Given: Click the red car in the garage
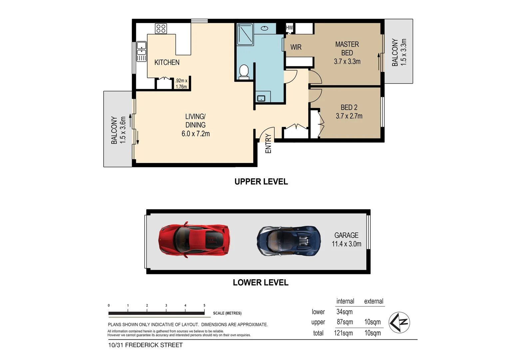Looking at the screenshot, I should [x=194, y=239].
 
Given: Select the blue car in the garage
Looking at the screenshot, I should [x=289, y=241].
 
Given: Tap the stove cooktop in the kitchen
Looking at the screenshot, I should [x=161, y=29].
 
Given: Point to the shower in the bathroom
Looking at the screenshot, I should [x=245, y=34].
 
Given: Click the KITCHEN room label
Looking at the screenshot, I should [x=167, y=62].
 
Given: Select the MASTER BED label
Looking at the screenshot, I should [x=347, y=49].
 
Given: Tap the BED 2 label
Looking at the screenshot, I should [x=349, y=107].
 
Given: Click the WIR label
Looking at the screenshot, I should [x=296, y=47].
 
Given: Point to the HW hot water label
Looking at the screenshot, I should [x=289, y=28].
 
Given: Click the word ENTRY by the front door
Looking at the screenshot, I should [x=268, y=144].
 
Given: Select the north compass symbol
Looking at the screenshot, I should [x=399, y=322].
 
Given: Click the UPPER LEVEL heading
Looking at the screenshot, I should [x=261, y=182].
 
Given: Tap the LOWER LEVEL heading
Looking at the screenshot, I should [x=260, y=283].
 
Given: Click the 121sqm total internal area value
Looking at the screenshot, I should [x=343, y=333].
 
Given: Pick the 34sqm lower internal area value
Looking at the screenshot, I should [x=344, y=312].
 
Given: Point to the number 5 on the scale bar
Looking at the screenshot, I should [x=204, y=305].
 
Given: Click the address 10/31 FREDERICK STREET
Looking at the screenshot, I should [x=145, y=345].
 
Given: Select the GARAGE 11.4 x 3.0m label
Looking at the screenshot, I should [x=346, y=240].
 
